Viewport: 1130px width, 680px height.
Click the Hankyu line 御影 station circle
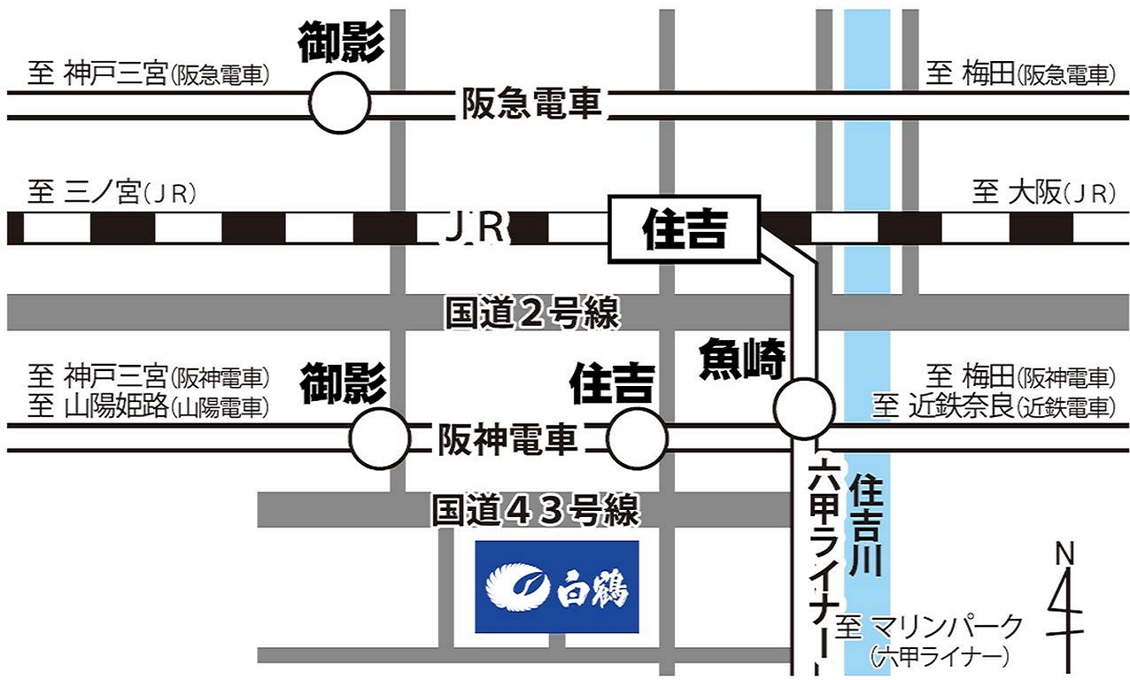click(340, 103)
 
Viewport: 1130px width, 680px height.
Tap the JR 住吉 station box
click(685, 229)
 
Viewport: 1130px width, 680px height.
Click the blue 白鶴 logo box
click(557, 586)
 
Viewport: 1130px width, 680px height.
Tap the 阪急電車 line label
click(531, 105)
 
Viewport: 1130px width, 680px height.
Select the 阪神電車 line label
click(508, 439)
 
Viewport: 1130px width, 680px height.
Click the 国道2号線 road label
click(531, 313)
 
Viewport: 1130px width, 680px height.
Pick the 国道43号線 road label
click(535, 511)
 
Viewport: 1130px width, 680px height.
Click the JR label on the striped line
click(474, 228)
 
